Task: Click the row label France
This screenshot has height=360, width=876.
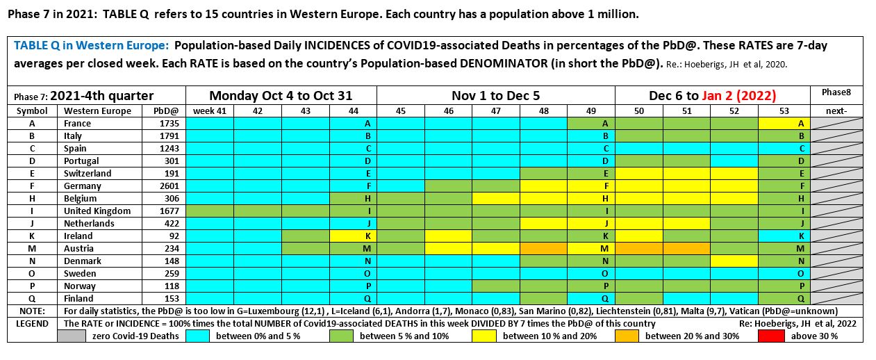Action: [77, 123]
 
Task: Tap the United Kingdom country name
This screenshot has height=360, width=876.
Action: [97, 211]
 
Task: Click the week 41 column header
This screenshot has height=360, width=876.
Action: [209, 111]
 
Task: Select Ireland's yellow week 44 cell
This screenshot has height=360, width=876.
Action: [353, 236]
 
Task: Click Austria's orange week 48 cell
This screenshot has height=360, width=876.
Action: [543, 248]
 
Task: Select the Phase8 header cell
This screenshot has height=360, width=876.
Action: [836, 92]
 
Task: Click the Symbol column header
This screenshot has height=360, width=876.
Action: [32, 111]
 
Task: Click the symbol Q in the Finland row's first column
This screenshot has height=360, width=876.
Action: [32, 298]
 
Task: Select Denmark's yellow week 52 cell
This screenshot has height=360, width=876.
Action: [734, 261]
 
